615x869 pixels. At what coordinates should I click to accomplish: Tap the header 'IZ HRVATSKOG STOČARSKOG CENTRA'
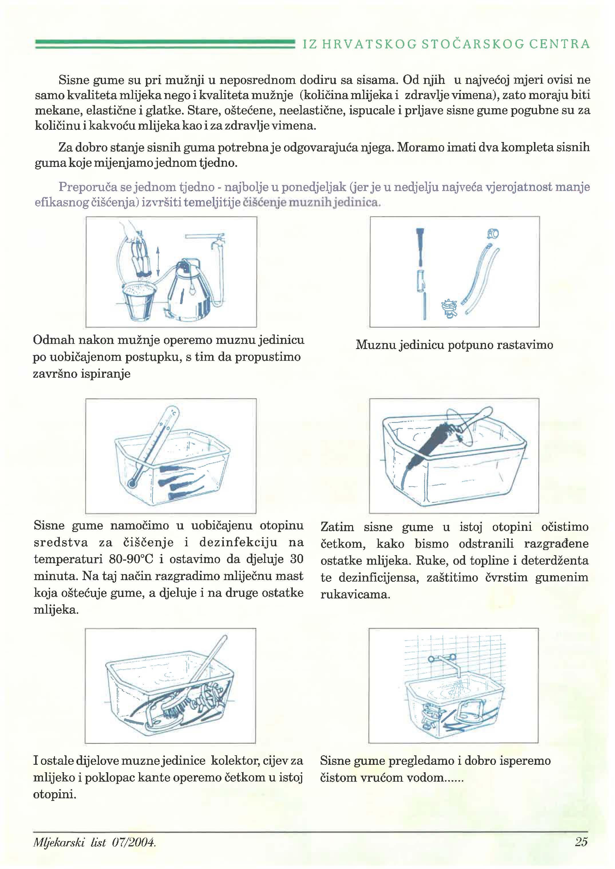tap(446, 44)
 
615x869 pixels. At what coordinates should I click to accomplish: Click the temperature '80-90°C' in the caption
tap(131, 559)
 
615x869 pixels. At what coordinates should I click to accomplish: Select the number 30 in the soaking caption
tap(296, 559)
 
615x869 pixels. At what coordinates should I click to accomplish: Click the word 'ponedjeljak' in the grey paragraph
tap(314, 187)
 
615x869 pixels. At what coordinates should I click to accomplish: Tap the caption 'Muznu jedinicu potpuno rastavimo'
tap(454, 345)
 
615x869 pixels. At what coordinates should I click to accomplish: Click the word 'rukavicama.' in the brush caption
tap(355, 594)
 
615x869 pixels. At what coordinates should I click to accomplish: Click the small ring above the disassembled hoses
tap(493, 234)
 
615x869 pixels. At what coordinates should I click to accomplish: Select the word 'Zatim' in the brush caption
tap(337, 527)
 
